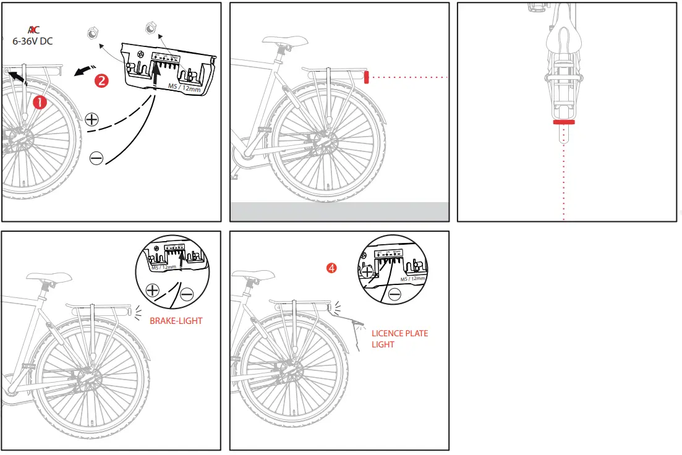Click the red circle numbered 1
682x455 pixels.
40,103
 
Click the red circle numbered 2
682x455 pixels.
101,80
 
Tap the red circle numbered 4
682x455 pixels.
332,268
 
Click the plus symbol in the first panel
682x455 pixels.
92,119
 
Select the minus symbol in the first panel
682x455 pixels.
96,158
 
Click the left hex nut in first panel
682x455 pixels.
92,34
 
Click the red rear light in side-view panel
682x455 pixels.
366,77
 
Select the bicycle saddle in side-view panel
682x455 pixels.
285,41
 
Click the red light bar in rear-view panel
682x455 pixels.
563,122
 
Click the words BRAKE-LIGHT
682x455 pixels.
176,321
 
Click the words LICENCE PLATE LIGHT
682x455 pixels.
399,338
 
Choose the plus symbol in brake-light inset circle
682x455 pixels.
152,290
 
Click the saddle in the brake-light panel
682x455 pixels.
43,278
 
